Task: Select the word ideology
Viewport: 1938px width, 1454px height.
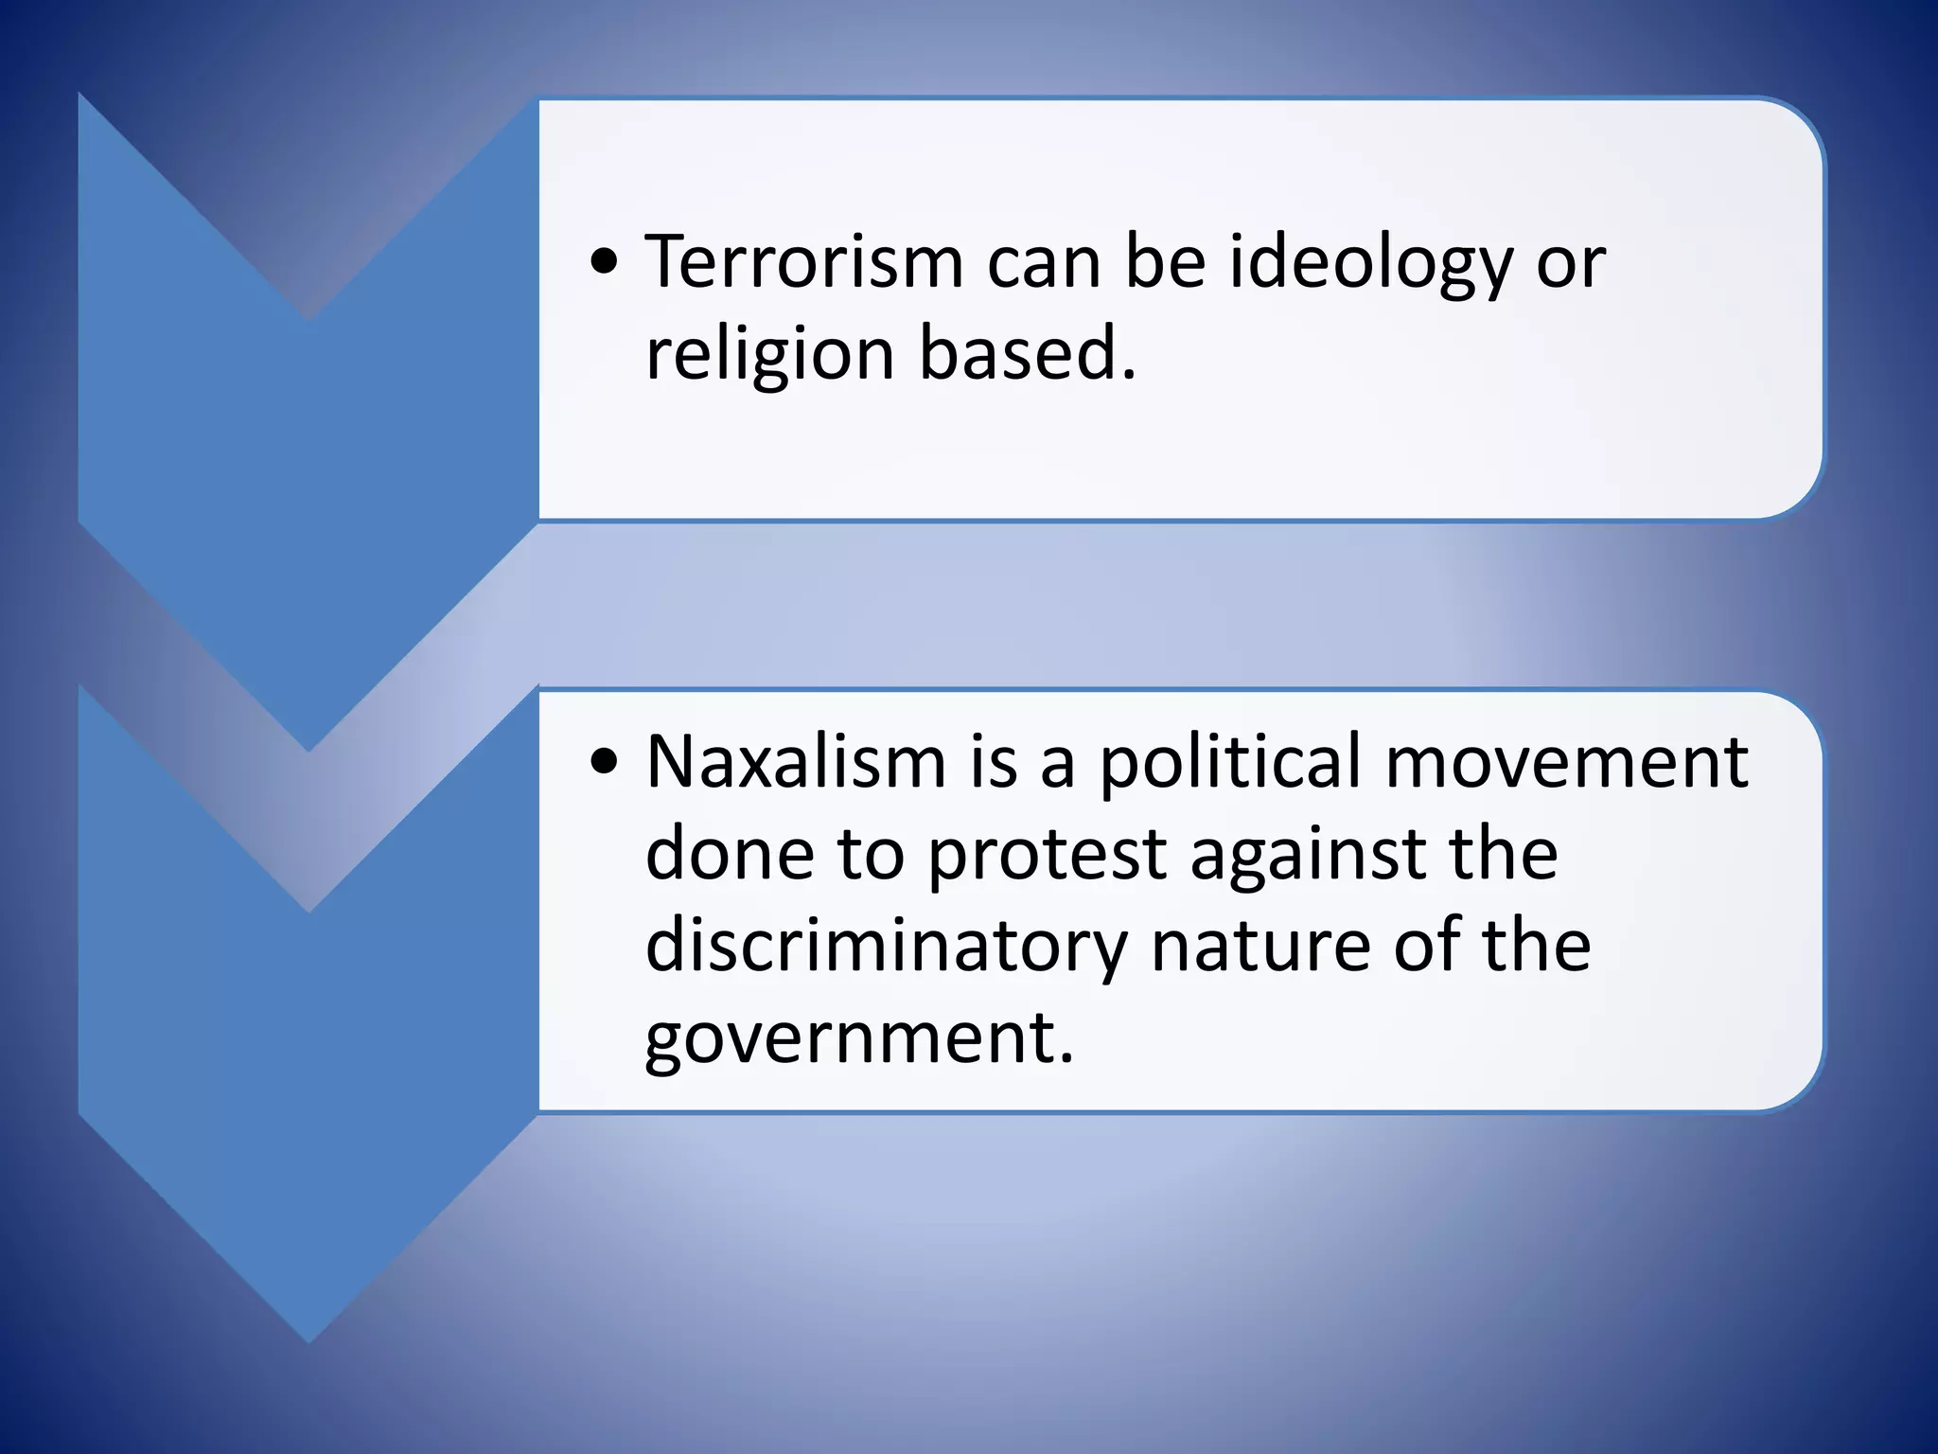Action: [1371, 263]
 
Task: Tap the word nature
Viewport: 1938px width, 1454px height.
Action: [1260, 947]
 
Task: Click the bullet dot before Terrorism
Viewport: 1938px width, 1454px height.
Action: [605, 265]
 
